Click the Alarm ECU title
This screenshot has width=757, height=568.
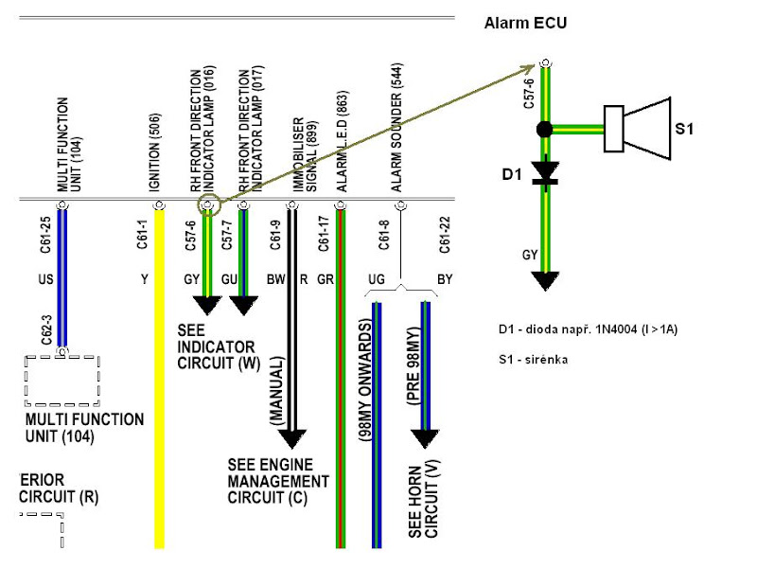(525, 22)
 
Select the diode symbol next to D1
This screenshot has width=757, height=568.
(544, 172)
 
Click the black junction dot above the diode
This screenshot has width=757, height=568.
(544, 129)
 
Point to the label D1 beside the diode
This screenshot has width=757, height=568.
(513, 174)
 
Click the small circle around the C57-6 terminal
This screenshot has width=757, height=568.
(208, 204)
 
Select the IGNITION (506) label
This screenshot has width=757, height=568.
(155, 152)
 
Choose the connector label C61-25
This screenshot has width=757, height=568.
(45, 234)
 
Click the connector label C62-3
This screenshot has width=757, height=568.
(45, 328)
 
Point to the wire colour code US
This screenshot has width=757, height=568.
(45, 281)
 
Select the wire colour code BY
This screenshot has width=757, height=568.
(446, 281)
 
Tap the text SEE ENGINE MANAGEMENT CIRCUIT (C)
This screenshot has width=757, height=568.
(279, 481)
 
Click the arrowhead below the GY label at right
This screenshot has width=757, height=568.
(544, 281)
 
